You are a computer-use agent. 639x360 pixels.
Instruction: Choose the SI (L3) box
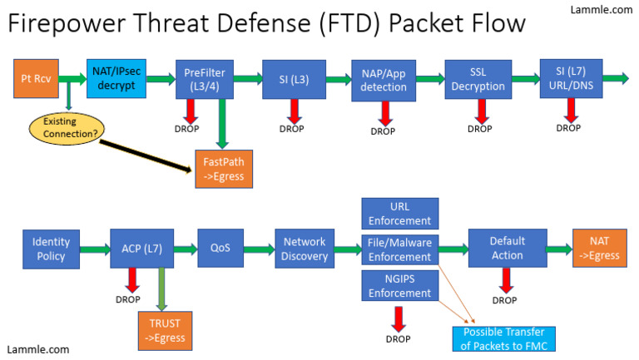point(293,79)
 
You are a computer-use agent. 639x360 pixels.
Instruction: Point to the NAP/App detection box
point(383,81)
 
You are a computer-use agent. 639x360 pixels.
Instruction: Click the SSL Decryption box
point(478,80)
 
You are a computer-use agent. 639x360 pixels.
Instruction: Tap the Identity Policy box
point(52,249)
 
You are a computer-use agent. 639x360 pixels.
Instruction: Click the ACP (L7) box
point(141,249)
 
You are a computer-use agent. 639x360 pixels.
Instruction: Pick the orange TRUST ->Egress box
point(164,330)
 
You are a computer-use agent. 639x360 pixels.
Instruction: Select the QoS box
point(220,249)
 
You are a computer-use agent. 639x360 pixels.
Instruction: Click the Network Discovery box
point(305,249)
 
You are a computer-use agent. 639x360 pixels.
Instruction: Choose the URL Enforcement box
point(399,214)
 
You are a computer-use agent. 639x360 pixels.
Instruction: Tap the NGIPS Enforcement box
point(399,286)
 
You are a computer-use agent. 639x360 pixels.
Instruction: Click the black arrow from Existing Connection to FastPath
point(141,155)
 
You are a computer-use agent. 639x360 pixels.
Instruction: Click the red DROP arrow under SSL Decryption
point(480,110)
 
